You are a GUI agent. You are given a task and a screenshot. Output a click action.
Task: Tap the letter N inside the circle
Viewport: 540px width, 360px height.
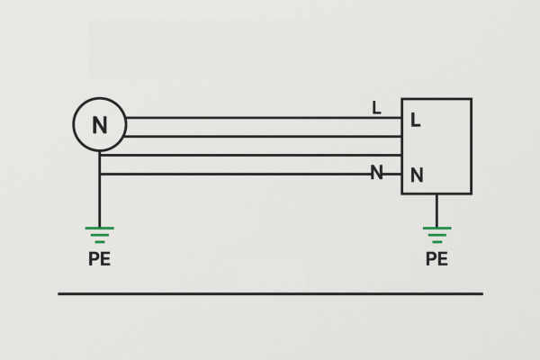pyautogui.click(x=99, y=125)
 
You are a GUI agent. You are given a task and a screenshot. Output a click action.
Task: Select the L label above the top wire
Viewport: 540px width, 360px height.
pyautogui.click(x=376, y=108)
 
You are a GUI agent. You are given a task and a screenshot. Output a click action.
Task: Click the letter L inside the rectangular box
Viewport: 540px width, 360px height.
pyautogui.click(x=415, y=120)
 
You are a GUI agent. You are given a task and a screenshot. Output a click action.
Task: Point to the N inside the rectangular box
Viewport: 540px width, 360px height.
pyautogui.click(x=417, y=175)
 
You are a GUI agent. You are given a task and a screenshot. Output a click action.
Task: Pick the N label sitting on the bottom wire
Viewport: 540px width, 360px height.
pyautogui.click(x=376, y=173)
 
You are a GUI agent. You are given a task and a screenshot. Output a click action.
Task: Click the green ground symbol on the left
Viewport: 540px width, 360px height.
pyautogui.click(x=99, y=235)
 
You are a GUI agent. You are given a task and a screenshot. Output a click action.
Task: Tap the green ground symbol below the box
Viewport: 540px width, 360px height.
pyautogui.click(x=436, y=235)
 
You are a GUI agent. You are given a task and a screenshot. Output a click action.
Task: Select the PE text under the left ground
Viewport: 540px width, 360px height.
pyautogui.click(x=99, y=260)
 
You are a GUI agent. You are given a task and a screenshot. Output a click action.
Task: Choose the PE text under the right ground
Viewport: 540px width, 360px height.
pyautogui.click(x=436, y=260)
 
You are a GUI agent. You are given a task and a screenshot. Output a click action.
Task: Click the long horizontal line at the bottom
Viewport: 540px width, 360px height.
pyautogui.click(x=270, y=293)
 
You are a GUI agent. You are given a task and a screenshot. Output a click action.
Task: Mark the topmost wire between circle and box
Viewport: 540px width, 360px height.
pyautogui.click(x=261, y=118)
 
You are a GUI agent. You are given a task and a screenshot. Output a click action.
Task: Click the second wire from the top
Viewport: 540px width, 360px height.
pyautogui.click(x=261, y=137)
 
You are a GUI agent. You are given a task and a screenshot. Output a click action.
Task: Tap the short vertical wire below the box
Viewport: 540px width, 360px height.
pyautogui.click(x=436, y=210)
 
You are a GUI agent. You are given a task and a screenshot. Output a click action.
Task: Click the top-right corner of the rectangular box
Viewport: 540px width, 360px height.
pyautogui.click(x=471, y=99)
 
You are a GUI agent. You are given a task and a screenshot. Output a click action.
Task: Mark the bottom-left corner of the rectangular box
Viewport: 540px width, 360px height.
pyautogui.click(x=402, y=193)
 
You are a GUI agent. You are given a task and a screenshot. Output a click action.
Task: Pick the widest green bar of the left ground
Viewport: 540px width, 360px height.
pyautogui.click(x=99, y=229)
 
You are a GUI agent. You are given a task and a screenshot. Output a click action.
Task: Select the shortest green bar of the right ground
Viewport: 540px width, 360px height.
pyautogui.click(x=436, y=242)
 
